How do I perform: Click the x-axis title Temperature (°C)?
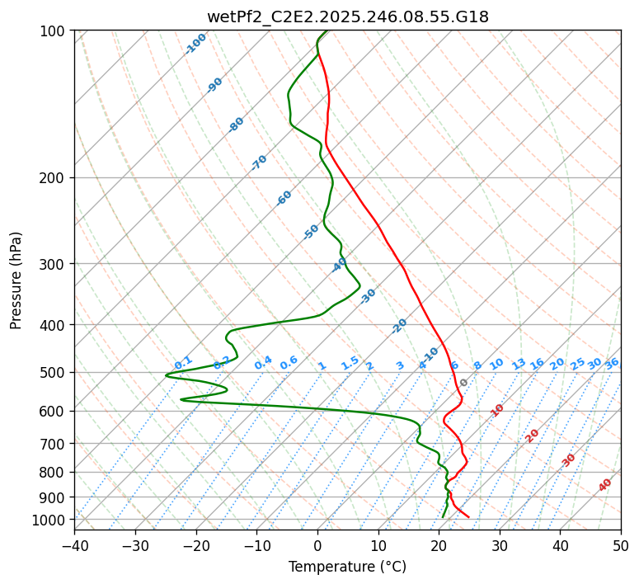click(x=347, y=567)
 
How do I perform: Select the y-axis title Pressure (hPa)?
click(x=16, y=280)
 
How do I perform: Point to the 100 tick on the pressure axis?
click(x=55, y=31)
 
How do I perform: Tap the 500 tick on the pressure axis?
click(x=55, y=373)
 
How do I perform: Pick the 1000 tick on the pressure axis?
click(x=52, y=520)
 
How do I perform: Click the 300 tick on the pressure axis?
click(x=55, y=264)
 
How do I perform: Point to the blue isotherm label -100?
click(x=196, y=43)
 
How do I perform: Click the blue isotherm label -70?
click(x=260, y=162)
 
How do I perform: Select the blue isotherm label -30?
click(x=369, y=295)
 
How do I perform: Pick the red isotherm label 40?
click(x=605, y=485)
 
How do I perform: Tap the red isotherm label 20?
click(x=533, y=435)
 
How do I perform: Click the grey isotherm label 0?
click(x=464, y=383)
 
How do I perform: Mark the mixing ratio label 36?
click(x=612, y=363)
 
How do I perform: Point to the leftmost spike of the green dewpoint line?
click(x=166, y=375)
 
